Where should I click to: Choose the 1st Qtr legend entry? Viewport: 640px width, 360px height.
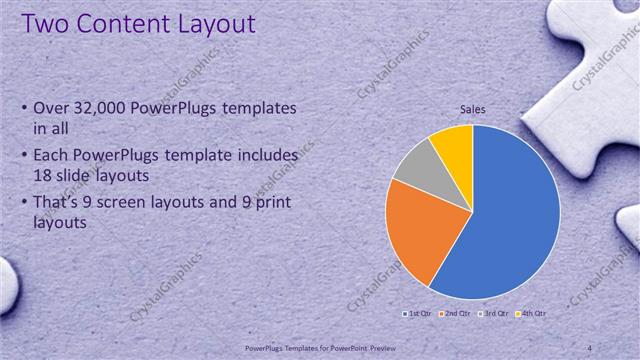[417, 314]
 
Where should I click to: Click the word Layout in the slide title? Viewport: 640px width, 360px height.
[209, 23]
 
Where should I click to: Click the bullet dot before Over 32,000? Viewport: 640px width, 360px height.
[24, 108]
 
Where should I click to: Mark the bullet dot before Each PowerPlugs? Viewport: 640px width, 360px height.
[24, 157]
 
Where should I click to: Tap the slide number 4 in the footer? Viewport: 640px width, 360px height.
[590, 347]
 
